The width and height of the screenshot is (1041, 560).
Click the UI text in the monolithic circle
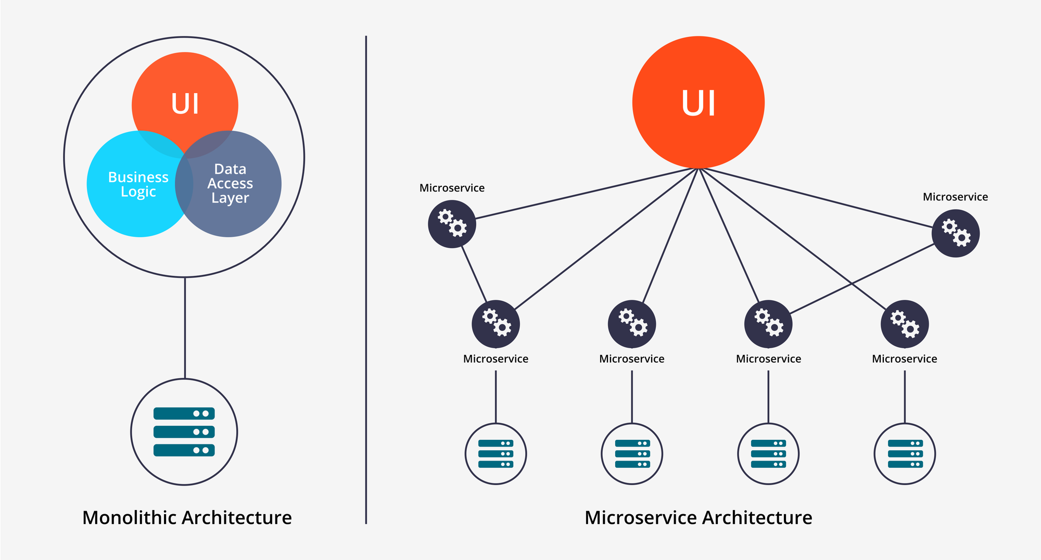tap(185, 104)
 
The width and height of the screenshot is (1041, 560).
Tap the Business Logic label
tap(138, 184)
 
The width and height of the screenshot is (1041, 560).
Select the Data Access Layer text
tap(230, 183)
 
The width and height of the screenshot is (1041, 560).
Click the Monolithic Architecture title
tap(187, 517)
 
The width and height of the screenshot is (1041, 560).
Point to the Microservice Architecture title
tap(698, 517)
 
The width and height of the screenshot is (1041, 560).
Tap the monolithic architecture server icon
tap(184, 432)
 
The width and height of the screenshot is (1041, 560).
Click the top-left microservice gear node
tap(452, 224)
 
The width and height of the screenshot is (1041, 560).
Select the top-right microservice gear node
tap(955, 233)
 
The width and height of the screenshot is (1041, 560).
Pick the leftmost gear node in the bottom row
tap(496, 324)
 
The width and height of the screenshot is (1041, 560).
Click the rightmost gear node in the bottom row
tap(904, 324)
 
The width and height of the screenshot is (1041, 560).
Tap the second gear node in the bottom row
tap(632, 324)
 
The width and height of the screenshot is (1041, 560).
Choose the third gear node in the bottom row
tap(768, 324)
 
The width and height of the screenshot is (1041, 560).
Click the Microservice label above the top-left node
tap(452, 188)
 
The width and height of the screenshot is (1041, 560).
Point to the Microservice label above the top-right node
tap(955, 197)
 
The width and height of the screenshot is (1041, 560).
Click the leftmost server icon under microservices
tap(496, 454)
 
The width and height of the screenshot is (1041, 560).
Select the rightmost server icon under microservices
tap(904, 454)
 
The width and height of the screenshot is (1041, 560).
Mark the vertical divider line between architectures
tap(366, 281)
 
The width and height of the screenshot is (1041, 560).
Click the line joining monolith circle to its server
tap(185, 328)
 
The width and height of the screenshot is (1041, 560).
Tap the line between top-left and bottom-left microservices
tap(474, 274)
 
